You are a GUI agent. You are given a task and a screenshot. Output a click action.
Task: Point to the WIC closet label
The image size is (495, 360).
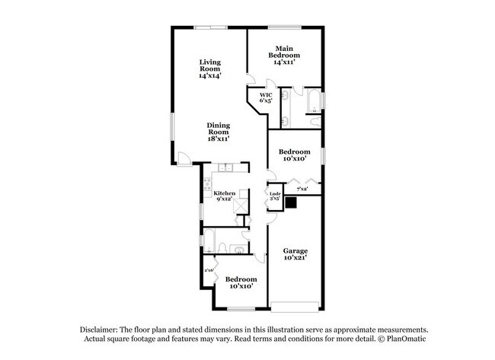[265, 97]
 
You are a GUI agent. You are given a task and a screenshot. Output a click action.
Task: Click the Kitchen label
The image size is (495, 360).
[225, 196]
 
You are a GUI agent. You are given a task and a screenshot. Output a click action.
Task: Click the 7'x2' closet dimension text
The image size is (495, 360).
[302, 188]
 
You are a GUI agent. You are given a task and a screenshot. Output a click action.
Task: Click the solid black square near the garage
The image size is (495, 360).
[290, 202]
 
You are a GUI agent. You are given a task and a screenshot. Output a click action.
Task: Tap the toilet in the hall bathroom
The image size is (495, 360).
[238, 250]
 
